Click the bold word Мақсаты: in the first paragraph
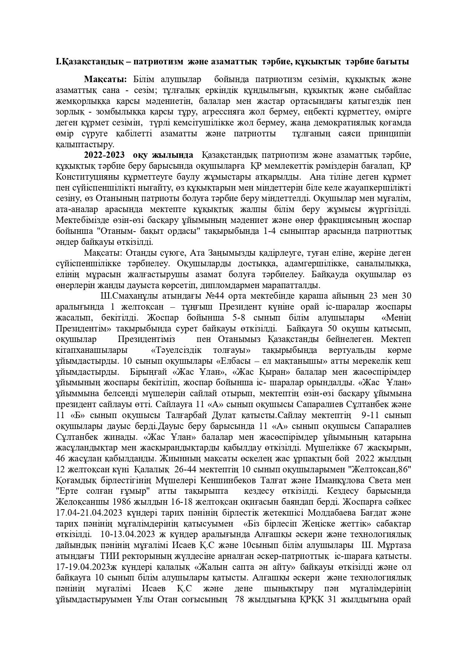[x=105, y=79]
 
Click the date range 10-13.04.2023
[x=126, y=534]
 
